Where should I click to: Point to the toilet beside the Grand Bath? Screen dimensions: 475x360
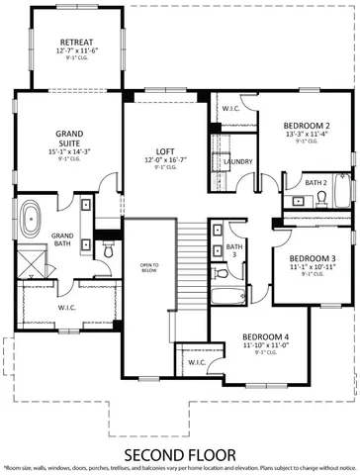[107, 249]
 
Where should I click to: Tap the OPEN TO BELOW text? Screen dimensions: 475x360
[149, 269]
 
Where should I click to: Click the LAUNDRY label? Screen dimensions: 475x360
[237, 161]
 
